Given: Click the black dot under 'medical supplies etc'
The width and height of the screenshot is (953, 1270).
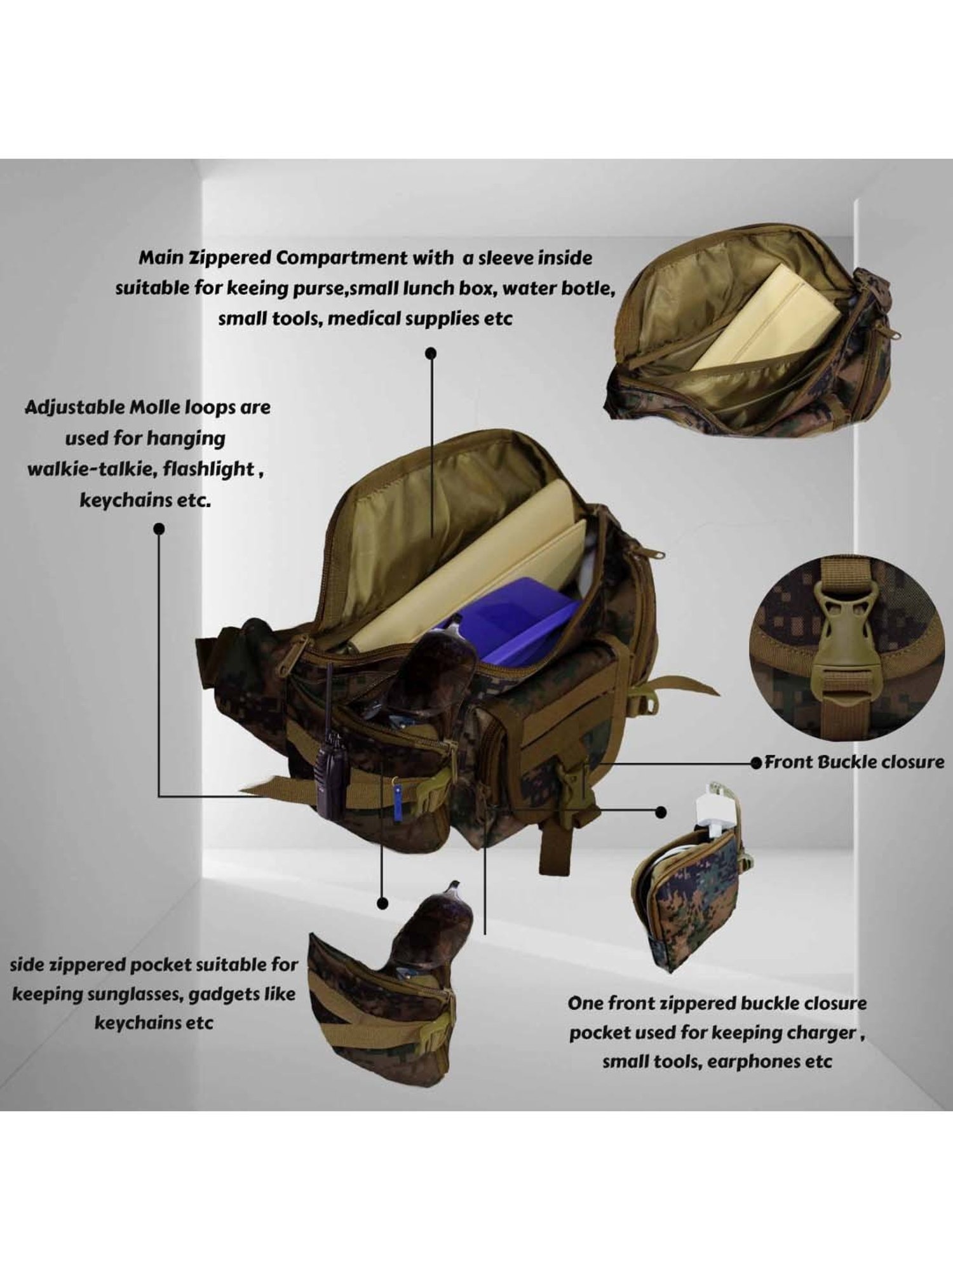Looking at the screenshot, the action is coord(431,352).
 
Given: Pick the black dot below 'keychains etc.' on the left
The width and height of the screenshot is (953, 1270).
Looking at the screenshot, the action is coord(159,528).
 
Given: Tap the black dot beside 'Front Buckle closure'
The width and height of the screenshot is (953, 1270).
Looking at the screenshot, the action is coord(756,762).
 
